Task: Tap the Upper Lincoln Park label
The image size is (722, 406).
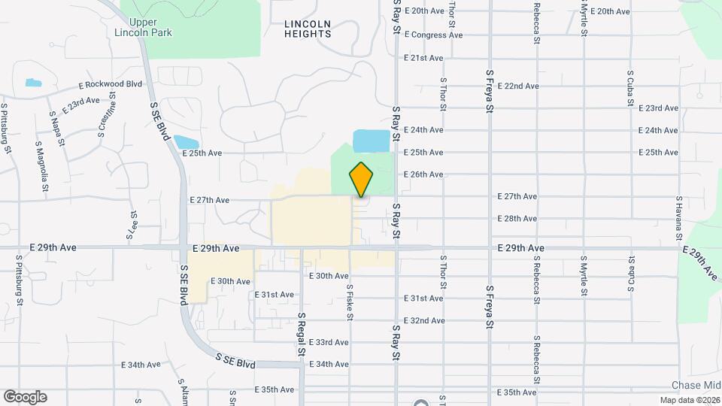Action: (144, 27)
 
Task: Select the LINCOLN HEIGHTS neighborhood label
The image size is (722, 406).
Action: (308, 29)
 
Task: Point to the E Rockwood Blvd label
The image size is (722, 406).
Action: (110, 85)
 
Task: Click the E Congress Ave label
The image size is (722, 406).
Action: (433, 35)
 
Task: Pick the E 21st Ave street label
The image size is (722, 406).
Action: (423, 58)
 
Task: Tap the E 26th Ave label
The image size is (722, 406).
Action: (423, 174)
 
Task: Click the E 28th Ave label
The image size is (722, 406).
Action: (517, 219)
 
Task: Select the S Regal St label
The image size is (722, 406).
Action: (301, 334)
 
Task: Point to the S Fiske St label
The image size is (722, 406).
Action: (350, 301)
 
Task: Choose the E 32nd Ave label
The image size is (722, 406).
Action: (423, 321)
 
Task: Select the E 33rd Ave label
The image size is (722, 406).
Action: (330, 343)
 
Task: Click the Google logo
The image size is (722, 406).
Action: (25, 397)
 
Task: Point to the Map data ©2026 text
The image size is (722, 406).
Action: (689, 400)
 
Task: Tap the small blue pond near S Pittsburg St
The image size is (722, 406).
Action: (33, 82)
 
